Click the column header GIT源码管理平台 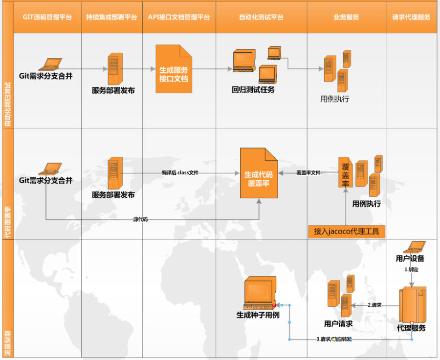tap(47, 17)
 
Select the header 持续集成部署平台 tap(111, 17)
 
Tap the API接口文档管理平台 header tap(179, 17)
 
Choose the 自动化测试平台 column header tap(261, 17)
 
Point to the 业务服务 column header tap(346, 17)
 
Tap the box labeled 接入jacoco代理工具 tap(347, 231)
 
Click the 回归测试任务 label tap(253, 90)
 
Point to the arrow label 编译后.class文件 tap(180, 173)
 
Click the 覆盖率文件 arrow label tap(308, 173)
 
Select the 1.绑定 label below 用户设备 tap(411, 269)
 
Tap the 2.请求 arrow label tap(374, 305)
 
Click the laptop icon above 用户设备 tap(411, 247)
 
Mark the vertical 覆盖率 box tap(345, 172)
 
